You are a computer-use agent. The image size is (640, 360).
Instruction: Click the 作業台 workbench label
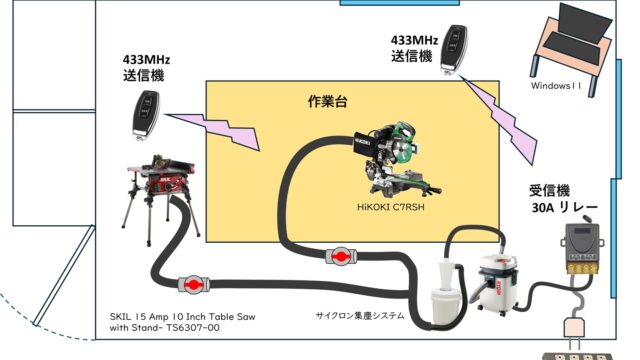click(327, 101)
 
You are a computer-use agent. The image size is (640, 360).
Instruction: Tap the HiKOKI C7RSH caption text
click(391, 207)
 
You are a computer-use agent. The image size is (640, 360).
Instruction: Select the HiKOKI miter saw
click(397, 159)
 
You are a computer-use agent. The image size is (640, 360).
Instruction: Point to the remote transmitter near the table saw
click(146, 116)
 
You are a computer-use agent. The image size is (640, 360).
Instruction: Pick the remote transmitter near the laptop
click(453, 50)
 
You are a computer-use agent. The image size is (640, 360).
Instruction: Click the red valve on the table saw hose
click(194, 284)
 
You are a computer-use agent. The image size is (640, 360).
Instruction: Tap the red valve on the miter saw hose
click(341, 256)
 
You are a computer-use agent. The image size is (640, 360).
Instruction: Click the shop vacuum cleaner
click(495, 284)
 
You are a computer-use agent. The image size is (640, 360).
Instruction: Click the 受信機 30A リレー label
click(562, 199)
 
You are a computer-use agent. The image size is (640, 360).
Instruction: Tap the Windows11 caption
click(556, 86)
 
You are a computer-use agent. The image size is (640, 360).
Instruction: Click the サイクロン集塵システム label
click(360, 316)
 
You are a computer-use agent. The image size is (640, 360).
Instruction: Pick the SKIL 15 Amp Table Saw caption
click(182, 322)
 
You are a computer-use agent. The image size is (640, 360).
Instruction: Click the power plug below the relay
click(574, 329)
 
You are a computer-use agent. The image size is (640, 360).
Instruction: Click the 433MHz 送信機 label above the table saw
click(146, 68)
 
